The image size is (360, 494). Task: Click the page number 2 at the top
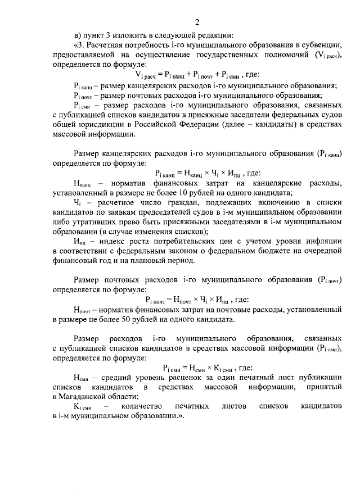[197, 22]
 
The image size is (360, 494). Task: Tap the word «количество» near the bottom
[142, 406]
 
